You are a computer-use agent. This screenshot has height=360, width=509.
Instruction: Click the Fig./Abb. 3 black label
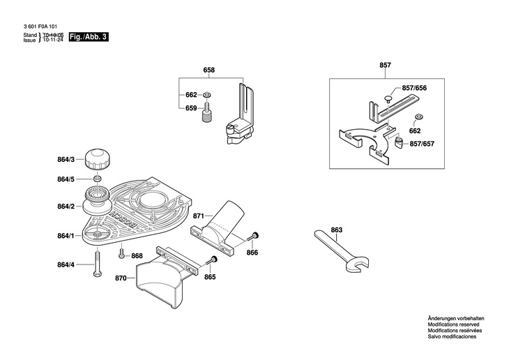pos(89,37)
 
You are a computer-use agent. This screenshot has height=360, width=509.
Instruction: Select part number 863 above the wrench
pos(337,230)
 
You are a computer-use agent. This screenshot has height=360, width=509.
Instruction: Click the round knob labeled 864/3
pos(98,159)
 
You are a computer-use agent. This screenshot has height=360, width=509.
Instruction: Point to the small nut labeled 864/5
pos(97,179)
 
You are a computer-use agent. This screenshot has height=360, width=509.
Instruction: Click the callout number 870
pos(121,278)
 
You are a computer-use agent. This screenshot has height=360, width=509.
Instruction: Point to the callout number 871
pos(198,216)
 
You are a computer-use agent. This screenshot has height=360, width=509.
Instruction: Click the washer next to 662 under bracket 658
pos(206,95)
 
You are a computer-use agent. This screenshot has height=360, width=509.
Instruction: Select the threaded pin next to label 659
pos(206,112)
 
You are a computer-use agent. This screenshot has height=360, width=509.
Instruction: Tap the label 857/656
pos(414,88)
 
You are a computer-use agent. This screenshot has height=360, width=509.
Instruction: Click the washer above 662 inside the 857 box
pos(418,117)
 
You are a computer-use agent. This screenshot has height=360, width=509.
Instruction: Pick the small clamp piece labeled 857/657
pos(399,142)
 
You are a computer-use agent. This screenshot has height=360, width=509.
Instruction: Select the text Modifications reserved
pos(453,324)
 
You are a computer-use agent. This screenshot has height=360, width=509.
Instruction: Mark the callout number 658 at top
pos(209,70)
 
